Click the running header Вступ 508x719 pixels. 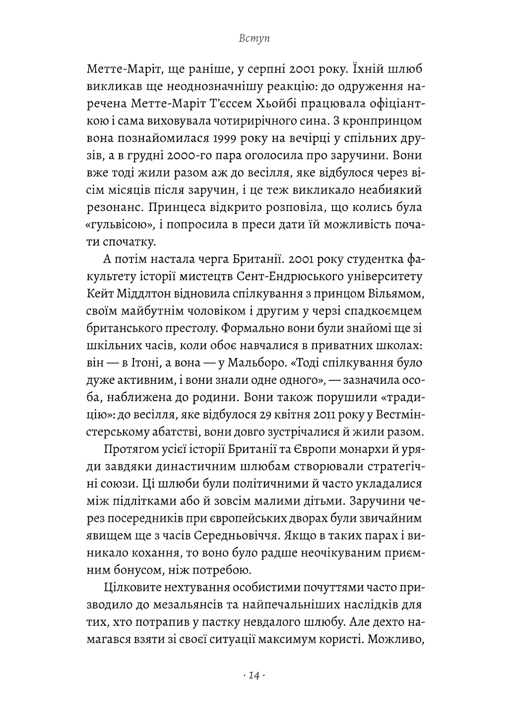pyautogui.click(x=254, y=39)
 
